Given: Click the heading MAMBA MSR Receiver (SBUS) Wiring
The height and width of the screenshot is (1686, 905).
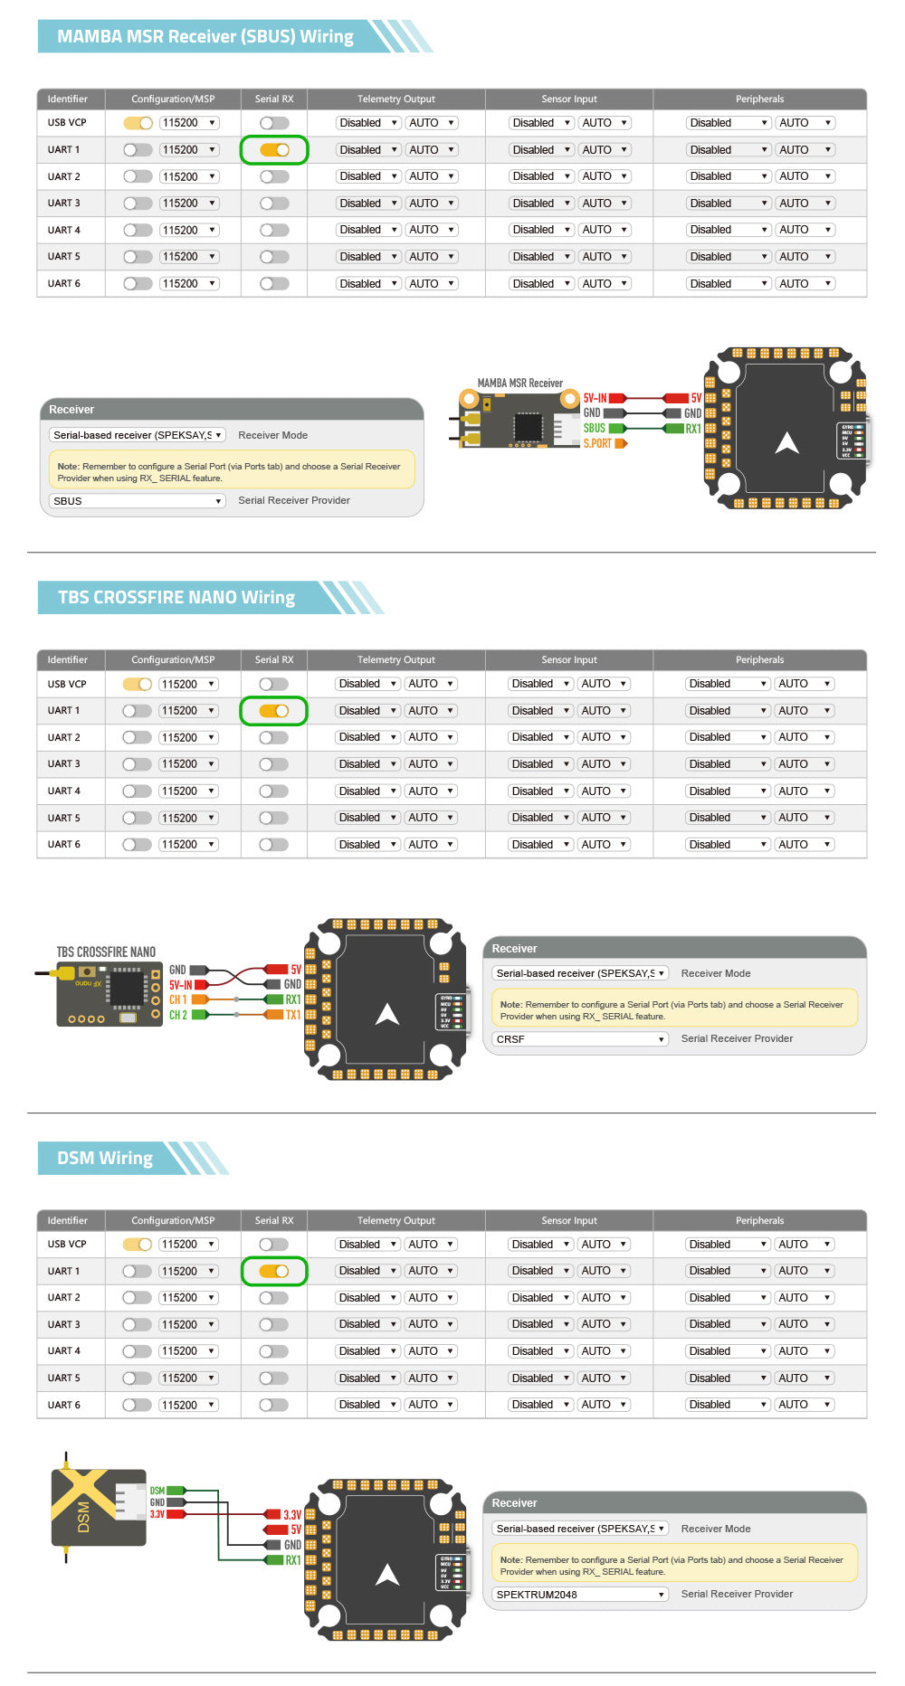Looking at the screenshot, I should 205,37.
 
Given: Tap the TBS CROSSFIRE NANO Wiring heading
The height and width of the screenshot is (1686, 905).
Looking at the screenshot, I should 176,598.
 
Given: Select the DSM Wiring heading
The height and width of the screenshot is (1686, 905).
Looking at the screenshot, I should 105,1159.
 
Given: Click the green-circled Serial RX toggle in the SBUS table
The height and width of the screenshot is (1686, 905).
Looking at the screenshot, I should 274,150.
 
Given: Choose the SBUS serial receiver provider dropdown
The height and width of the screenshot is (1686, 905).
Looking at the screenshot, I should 137,501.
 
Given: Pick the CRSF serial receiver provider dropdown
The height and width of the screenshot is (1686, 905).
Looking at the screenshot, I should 580,1039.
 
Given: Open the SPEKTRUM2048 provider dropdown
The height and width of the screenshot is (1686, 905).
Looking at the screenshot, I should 580,1595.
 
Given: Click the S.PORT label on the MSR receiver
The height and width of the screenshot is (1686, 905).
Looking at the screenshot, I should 597,443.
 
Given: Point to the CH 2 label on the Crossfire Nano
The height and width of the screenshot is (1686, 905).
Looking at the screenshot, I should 178,1015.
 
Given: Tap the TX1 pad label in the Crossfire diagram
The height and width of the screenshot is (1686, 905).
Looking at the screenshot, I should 293,1015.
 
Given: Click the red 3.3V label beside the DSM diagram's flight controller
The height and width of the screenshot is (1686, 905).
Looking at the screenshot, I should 292,1515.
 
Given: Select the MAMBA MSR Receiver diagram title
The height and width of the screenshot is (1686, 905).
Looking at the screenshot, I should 519,384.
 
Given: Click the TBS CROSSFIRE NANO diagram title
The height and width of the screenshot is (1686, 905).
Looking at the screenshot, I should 106,952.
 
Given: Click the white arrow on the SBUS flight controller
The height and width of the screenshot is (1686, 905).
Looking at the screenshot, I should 787,443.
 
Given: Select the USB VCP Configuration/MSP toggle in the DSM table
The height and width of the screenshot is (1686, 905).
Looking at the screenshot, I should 138,1245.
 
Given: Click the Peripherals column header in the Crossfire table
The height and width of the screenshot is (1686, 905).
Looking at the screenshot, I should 759,660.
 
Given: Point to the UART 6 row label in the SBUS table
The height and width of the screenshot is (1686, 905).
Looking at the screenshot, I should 64,284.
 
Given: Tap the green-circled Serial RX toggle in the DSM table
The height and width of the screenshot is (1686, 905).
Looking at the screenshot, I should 274,1272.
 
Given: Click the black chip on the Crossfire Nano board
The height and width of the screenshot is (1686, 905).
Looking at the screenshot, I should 126,989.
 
